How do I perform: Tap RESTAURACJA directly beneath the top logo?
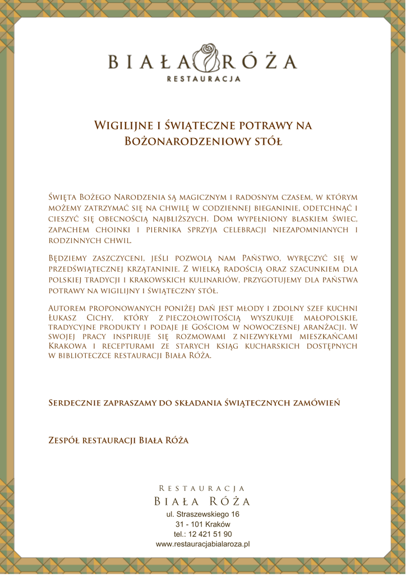[203, 79]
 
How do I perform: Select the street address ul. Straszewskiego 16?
[202, 514]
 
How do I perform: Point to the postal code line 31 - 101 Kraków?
[202, 524]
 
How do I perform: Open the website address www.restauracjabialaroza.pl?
[202, 544]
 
